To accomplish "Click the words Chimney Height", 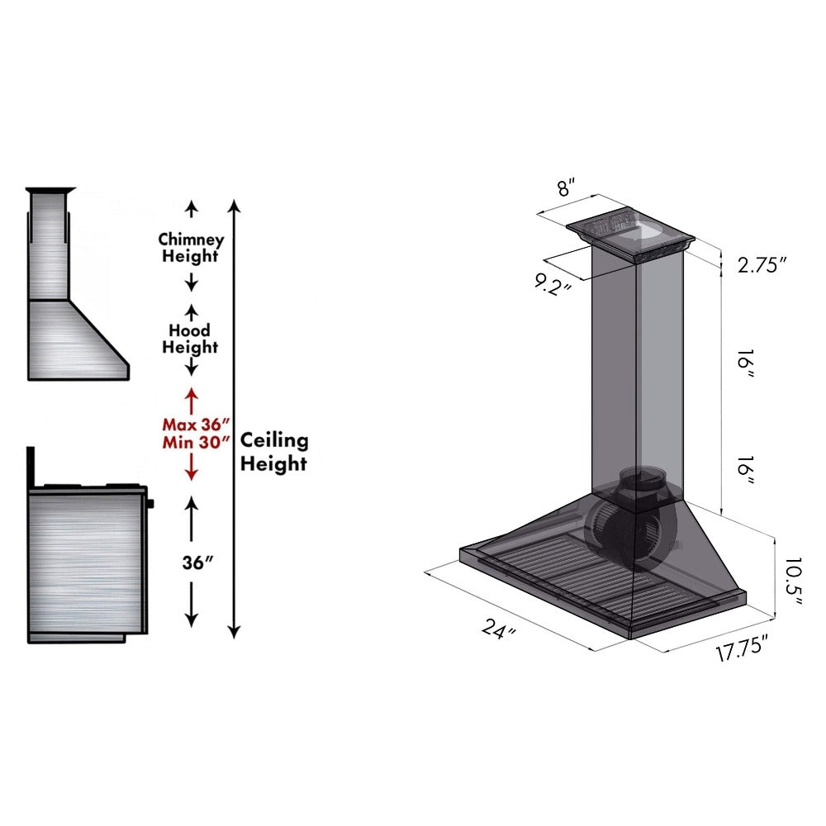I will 191,248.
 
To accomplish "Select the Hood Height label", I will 190,339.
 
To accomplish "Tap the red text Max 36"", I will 191,424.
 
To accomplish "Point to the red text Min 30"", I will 191,440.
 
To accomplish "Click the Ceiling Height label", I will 273,452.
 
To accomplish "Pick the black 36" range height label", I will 198,562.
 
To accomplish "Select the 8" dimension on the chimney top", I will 564,187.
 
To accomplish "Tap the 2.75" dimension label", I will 759,264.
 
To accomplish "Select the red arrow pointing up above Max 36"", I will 191,400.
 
